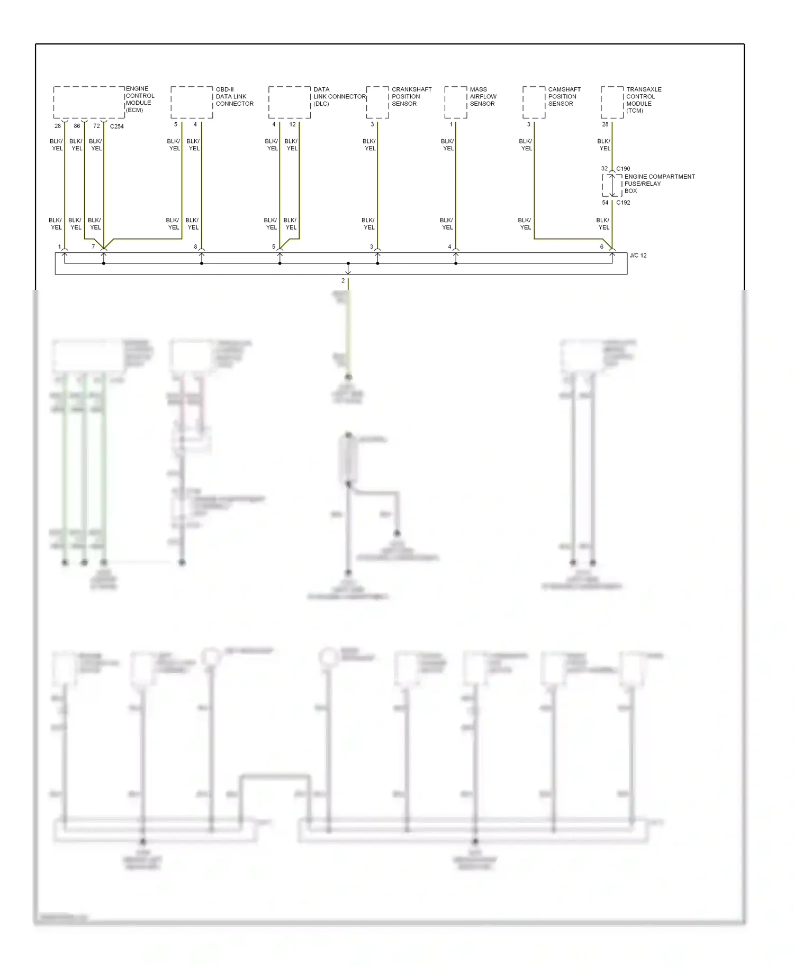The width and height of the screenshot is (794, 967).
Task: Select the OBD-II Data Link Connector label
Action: tap(234, 96)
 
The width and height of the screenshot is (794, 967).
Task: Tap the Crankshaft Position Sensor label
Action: tap(411, 96)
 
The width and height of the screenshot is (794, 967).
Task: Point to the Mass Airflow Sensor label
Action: tap(483, 96)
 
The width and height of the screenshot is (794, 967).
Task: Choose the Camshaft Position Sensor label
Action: tap(564, 96)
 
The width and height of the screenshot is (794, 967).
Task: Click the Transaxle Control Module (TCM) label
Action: tap(643, 99)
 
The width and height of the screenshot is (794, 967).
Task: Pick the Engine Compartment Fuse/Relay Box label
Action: tap(659, 184)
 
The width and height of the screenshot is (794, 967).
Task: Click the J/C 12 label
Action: tap(638, 256)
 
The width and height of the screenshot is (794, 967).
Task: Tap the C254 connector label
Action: tap(117, 126)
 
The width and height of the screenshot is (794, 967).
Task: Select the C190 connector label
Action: tap(623, 169)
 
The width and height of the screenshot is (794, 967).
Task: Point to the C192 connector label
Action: tap(623, 203)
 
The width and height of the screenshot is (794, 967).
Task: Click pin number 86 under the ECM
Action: tap(77, 126)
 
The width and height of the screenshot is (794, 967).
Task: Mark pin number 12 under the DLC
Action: tap(293, 124)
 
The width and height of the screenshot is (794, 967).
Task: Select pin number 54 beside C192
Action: tap(605, 203)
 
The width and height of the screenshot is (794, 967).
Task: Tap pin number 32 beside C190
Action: tap(604, 169)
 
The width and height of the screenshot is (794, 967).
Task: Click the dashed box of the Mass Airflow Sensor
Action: tap(455, 102)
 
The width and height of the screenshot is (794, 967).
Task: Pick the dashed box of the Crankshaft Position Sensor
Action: tap(377, 102)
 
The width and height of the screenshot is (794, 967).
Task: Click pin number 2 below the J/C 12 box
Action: tap(343, 281)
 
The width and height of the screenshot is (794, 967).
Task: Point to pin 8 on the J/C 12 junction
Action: tap(195, 247)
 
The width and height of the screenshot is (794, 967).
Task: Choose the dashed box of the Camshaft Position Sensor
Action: tap(534, 102)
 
